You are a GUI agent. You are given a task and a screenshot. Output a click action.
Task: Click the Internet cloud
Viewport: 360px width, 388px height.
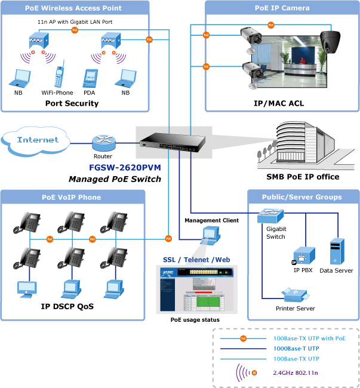[x=38, y=140]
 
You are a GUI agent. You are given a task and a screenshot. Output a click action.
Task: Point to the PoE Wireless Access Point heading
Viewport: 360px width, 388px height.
[x=73, y=8]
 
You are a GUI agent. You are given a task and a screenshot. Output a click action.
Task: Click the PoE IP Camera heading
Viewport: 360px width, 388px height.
[x=281, y=8]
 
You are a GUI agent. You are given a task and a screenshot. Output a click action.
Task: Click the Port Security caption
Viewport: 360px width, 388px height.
[x=72, y=103]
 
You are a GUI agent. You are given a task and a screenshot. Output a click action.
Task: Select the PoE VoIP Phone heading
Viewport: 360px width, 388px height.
[x=71, y=197]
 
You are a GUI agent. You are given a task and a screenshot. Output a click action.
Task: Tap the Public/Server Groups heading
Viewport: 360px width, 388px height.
[x=302, y=197]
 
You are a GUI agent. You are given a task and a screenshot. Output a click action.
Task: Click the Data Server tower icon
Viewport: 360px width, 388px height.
[x=336, y=251]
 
